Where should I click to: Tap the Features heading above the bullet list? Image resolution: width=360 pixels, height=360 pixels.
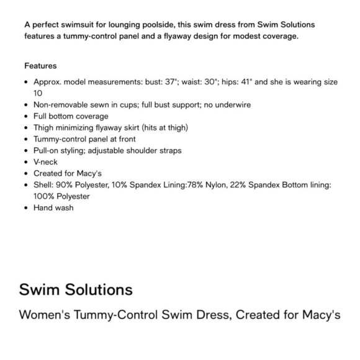[x=40, y=65]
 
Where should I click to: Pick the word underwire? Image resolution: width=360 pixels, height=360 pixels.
[x=232, y=105]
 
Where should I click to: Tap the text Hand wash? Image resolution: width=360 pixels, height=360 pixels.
[x=53, y=207]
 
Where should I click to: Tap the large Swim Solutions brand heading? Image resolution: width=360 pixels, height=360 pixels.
[x=76, y=289]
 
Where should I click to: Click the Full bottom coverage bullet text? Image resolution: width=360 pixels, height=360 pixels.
[x=71, y=116]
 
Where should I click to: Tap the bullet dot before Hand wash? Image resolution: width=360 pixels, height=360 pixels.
[x=27, y=207]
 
